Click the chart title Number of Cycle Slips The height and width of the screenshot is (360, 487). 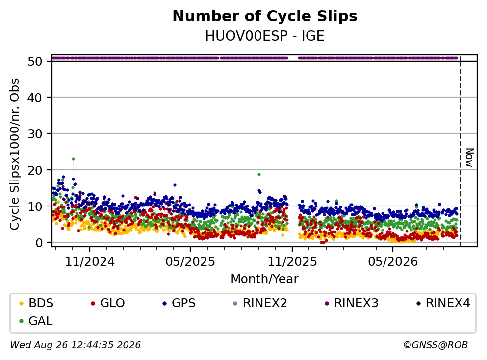[265, 16]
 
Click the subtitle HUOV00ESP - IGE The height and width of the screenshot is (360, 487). [265, 36]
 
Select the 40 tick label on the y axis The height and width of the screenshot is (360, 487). [35, 98]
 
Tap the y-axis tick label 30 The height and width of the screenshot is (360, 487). [35, 134]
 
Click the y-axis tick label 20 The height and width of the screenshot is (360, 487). [35, 170]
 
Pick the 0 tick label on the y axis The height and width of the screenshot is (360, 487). [39, 243]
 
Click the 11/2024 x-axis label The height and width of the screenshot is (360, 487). [90, 262]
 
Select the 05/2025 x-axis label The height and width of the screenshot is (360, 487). [190, 262]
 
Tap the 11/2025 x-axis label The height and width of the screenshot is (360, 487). [292, 262]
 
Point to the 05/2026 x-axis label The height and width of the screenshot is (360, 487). [393, 262]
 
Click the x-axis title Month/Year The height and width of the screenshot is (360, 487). [265, 279]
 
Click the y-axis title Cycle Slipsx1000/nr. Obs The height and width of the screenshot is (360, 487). [15, 154]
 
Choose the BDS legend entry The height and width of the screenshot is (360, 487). [36, 303]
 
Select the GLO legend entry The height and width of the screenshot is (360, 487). [107, 303]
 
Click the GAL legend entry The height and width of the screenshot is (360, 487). [36, 321]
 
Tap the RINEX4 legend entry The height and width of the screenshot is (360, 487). [443, 303]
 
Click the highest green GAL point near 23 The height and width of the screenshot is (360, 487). [73, 159]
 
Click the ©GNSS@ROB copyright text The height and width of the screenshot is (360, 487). [436, 345]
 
